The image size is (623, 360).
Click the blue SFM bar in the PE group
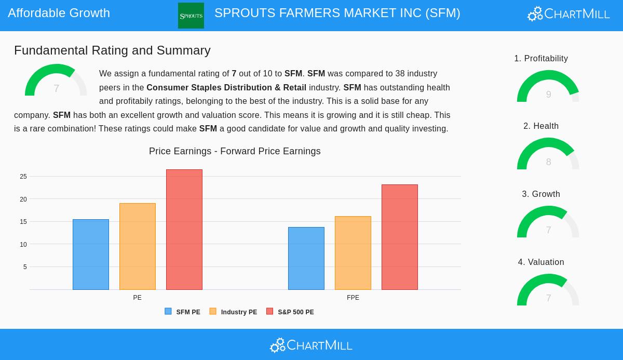click(x=91, y=255)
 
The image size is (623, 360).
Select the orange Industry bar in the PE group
click(x=138, y=246)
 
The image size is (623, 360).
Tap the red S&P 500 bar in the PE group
click(x=184, y=230)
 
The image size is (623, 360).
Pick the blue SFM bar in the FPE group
click(x=306, y=258)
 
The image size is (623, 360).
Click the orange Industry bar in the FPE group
click(x=353, y=253)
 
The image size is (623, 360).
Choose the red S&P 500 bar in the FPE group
click(x=400, y=237)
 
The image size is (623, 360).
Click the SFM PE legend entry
click(x=183, y=312)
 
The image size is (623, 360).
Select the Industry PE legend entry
click(x=233, y=312)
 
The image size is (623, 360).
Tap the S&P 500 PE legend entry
click(x=290, y=312)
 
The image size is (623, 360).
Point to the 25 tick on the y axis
click(x=23, y=177)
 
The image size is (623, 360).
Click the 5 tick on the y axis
click(x=25, y=267)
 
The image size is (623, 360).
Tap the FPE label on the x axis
click(x=353, y=298)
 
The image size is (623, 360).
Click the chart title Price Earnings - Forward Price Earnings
click(x=235, y=151)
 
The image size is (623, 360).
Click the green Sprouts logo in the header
click(x=191, y=16)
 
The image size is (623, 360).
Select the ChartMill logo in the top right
click(x=568, y=14)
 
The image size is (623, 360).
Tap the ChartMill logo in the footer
click(x=311, y=345)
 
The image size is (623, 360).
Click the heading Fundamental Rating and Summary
click(x=112, y=50)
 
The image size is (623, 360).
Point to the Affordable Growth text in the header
click(x=59, y=13)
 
